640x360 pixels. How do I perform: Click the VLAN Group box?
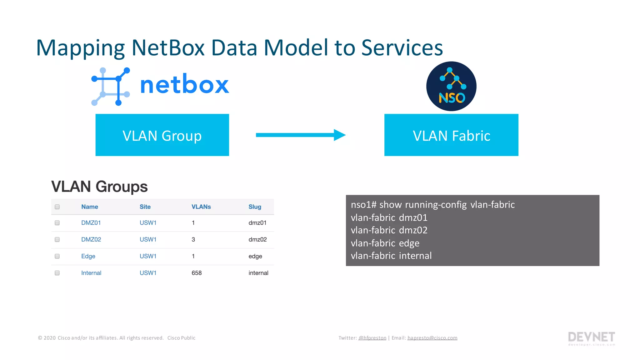[x=162, y=135]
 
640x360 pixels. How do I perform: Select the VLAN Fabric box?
[x=451, y=135]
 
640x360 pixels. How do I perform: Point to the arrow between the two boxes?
[x=300, y=135]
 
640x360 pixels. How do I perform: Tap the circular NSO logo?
[x=451, y=86]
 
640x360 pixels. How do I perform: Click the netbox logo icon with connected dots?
[x=111, y=87]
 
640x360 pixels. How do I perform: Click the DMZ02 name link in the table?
[x=91, y=239]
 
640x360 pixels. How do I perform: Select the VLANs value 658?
[x=197, y=273]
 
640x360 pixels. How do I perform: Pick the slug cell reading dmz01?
[x=257, y=223]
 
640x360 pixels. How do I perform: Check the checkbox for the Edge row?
[x=57, y=256]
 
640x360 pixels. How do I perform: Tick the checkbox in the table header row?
[x=57, y=207]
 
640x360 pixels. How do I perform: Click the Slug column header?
[x=255, y=207]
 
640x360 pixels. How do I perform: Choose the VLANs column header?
[x=201, y=207]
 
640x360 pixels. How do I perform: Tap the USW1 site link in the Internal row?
[x=148, y=273]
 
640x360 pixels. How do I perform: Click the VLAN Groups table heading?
[x=99, y=187]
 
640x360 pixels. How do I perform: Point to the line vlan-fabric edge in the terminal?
[x=385, y=243]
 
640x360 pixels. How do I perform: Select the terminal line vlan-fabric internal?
[x=391, y=256]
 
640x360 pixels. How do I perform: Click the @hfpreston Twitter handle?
[x=372, y=338]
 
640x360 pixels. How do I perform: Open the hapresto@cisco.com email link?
[x=432, y=338]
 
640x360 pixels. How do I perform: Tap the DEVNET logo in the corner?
[x=591, y=338]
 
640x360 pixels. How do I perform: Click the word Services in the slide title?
[x=402, y=48]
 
